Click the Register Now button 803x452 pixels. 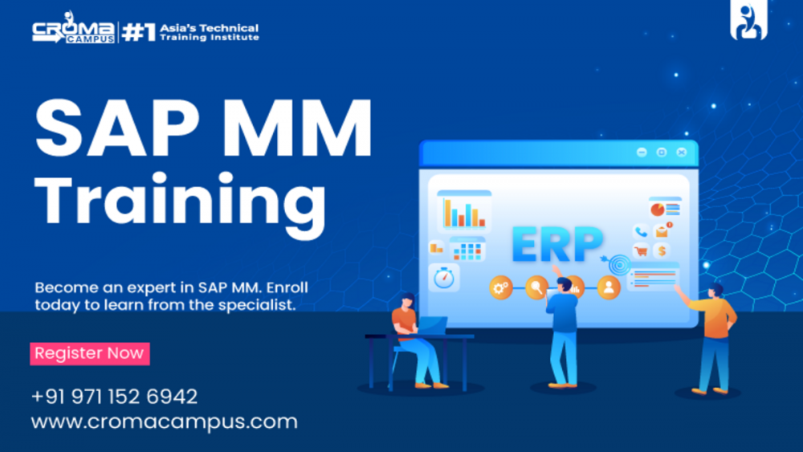pyautogui.click(x=90, y=353)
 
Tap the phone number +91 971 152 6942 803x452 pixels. pyautogui.click(x=114, y=397)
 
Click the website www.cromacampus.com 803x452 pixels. pyautogui.click(x=165, y=421)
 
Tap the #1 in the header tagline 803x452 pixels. pyautogui.click(x=138, y=32)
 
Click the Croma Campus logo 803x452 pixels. pyautogui.click(x=73, y=31)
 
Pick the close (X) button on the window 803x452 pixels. pyautogui.click(x=682, y=152)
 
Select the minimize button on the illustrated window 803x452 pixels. pyautogui.click(x=641, y=152)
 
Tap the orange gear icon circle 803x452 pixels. pyautogui.click(x=501, y=287)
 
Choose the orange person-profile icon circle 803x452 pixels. pyautogui.click(x=609, y=287)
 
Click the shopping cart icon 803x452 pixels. pyautogui.click(x=641, y=251)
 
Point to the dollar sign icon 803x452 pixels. pyautogui.click(x=662, y=251)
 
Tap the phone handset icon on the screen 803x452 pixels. pyautogui.click(x=641, y=231)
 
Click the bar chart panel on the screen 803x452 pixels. pyautogui.click(x=464, y=212)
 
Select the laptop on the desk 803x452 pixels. pyautogui.click(x=432, y=326)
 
